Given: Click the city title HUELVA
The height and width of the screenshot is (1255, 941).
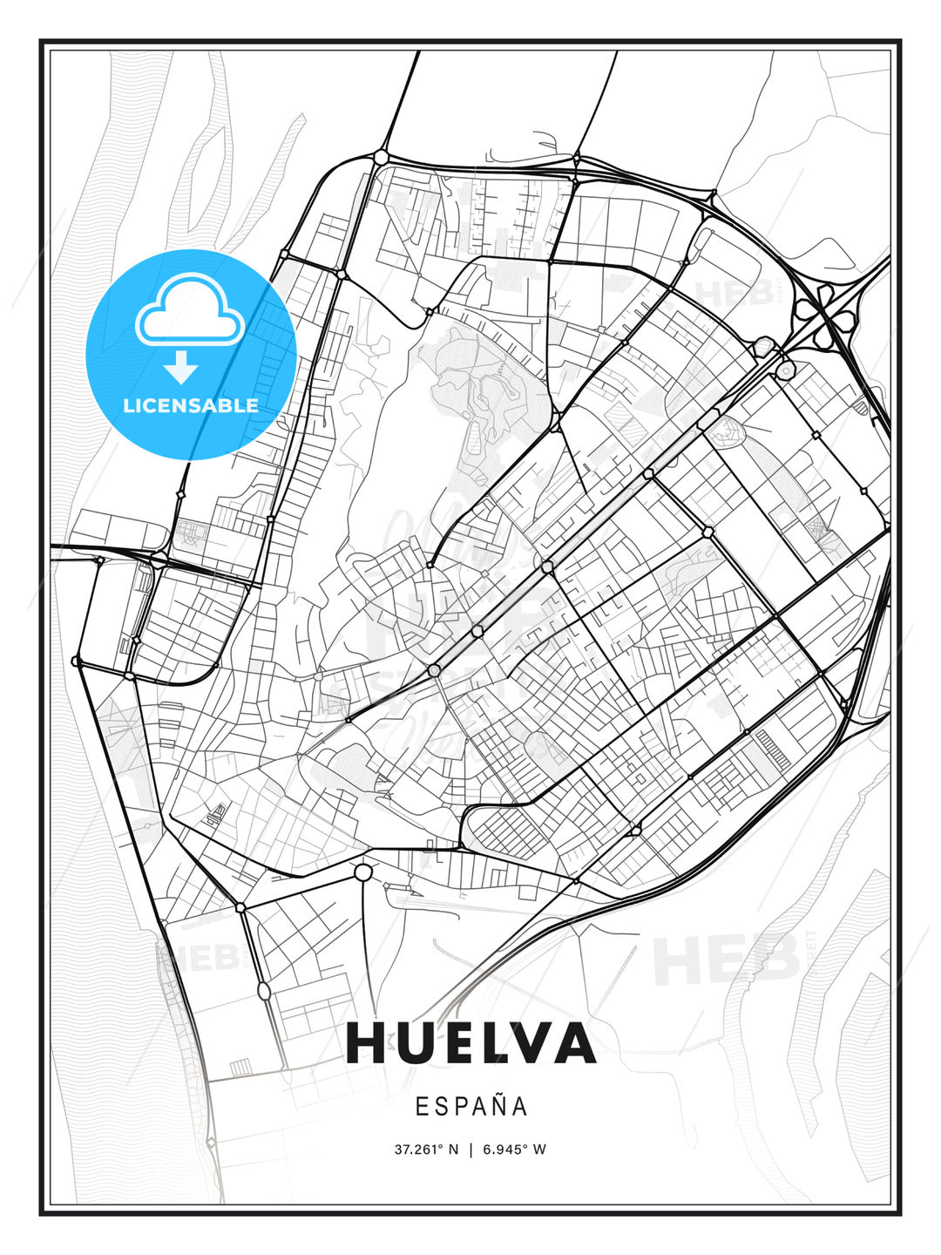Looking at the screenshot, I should pyautogui.click(x=470, y=1043).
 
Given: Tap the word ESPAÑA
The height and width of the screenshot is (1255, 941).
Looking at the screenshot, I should pyautogui.click(x=471, y=1106).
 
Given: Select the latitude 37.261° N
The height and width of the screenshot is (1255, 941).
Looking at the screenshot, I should pyautogui.click(x=426, y=1149).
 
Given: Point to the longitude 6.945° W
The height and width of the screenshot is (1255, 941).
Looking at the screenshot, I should pyautogui.click(x=514, y=1149).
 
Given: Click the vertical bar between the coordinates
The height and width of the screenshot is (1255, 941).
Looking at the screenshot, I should pyautogui.click(x=470, y=1149).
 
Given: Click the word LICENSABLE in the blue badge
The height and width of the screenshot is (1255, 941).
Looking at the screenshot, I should pyautogui.click(x=191, y=405).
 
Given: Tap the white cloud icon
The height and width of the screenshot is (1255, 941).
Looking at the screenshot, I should pyautogui.click(x=188, y=309).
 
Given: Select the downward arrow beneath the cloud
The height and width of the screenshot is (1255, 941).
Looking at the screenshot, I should pyautogui.click(x=181, y=367).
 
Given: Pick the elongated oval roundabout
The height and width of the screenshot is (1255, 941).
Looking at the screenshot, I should pyautogui.click(x=264, y=991).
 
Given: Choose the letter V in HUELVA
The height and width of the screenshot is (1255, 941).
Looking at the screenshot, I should pyautogui.click(x=526, y=1043).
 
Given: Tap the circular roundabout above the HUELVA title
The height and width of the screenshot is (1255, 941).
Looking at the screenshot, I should pyautogui.click(x=363, y=872).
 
